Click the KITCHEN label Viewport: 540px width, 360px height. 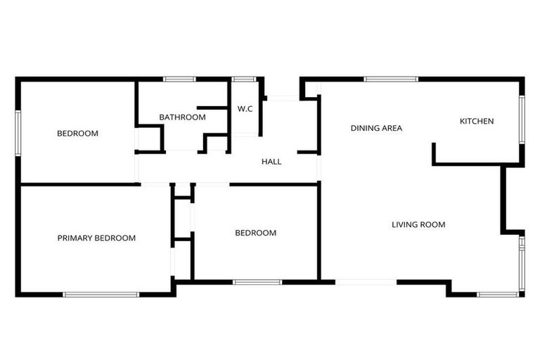click(477, 122)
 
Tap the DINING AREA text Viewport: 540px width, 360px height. click(376, 128)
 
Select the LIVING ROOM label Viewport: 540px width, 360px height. click(418, 225)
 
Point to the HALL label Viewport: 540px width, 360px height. click(271, 162)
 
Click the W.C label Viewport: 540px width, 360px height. click(245, 109)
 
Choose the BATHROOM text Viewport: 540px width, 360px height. click(182, 117)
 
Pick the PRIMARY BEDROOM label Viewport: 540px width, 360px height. click(96, 238)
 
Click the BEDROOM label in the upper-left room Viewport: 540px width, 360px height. click(77, 134)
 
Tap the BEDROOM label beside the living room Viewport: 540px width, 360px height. click(255, 233)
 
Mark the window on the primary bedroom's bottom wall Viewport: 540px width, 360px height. click(101, 294)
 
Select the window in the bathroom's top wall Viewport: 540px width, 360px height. click(179, 79)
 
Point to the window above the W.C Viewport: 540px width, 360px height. click(244, 79)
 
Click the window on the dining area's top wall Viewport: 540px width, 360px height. click(391, 79)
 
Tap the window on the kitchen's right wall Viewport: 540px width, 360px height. click(522, 119)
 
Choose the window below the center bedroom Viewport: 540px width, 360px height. click(257, 282)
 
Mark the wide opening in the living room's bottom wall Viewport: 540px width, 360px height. click(366, 282)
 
